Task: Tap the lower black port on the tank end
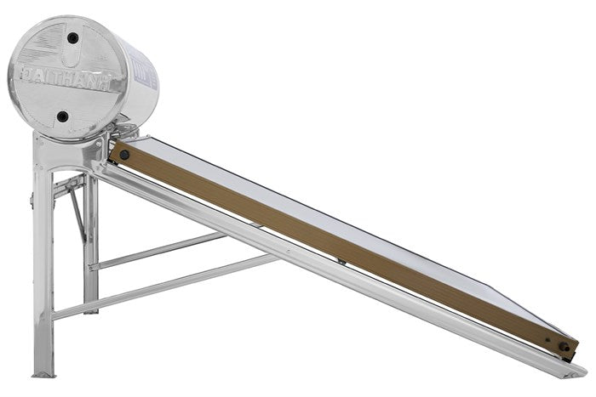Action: pyautogui.click(x=62, y=116)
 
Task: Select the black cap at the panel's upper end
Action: pyautogui.click(x=124, y=156)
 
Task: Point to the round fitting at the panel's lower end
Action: pyautogui.click(x=563, y=346)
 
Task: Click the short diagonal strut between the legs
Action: pyautogui.click(x=77, y=213)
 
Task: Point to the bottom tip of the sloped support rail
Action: pyautogui.click(x=577, y=371)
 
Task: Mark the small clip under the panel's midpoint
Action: pyautogui.click(x=341, y=261)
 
